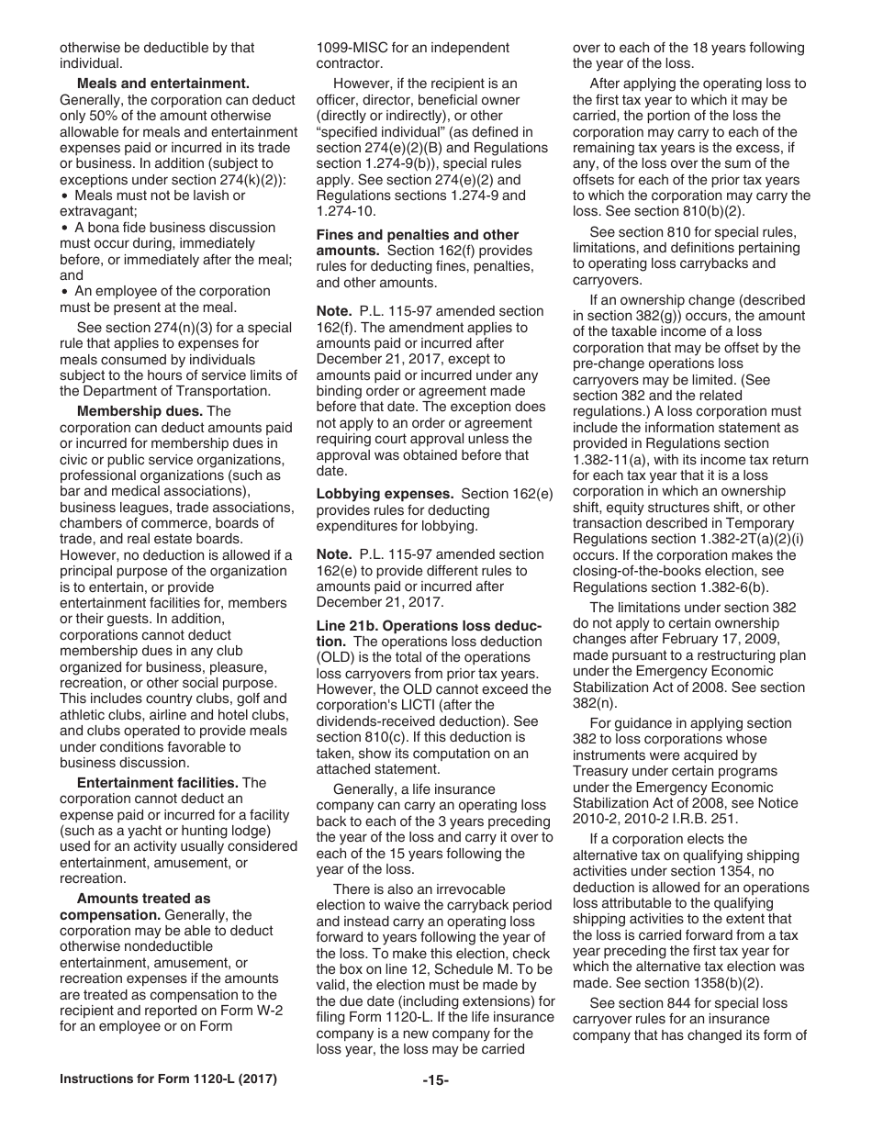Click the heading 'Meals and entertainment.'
[163, 84]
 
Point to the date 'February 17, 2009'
[721, 639]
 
